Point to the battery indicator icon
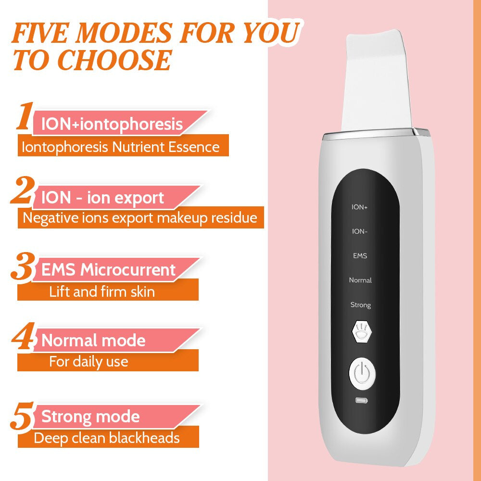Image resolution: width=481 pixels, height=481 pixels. pyautogui.click(x=360, y=400)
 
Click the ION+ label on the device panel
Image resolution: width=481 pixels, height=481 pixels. pyautogui.click(x=360, y=207)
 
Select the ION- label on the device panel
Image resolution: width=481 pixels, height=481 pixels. pyautogui.click(x=360, y=231)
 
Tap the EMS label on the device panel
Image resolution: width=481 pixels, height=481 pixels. pyautogui.click(x=360, y=256)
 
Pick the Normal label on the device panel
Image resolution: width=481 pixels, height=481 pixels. pyautogui.click(x=360, y=280)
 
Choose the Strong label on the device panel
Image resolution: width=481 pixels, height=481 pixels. pyautogui.click(x=360, y=305)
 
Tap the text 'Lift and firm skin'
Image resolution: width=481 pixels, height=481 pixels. pyautogui.click(x=102, y=291)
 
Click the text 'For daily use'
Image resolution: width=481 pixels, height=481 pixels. pyautogui.click(x=89, y=361)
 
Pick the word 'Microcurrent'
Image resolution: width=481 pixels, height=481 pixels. pyautogui.click(x=128, y=270)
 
